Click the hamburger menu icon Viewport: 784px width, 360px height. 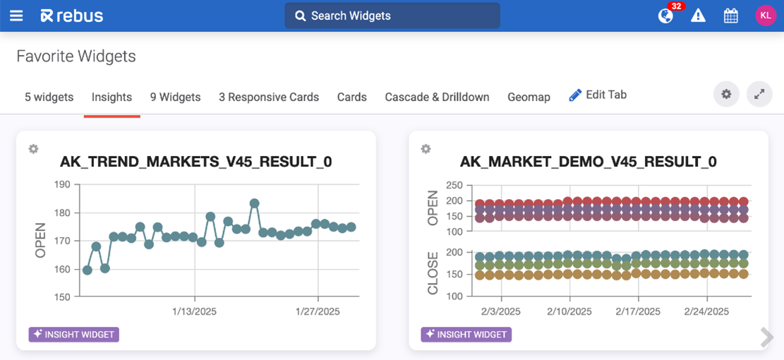pyautogui.click(x=16, y=16)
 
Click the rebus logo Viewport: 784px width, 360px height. pyautogui.click(x=72, y=16)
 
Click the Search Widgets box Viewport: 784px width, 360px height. pyautogui.click(x=392, y=16)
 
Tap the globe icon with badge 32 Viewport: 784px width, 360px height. pyautogui.click(x=665, y=16)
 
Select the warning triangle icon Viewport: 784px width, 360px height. pyautogui.click(x=698, y=16)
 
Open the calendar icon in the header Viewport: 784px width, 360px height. pyautogui.click(x=731, y=16)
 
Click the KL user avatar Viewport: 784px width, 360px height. pyautogui.click(x=766, y=16)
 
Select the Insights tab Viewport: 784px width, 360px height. pyautogui.click(x=111, y=97)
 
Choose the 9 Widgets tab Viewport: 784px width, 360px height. pyautogui.click(x=175, y=97)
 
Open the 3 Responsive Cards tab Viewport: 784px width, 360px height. pyautogui.click(x=269, y=97)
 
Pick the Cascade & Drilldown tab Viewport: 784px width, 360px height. pyautogui.click(x=437, y=97)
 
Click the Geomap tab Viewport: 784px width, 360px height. pyautogui.click(x=529, y=97)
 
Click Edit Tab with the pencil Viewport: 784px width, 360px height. pyautogui.click(x=598, y=95)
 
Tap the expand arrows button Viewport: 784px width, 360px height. pyautogui.click(x=759, y=94)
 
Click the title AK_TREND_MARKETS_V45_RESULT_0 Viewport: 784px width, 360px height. pyautogui.click(x=196, y=162)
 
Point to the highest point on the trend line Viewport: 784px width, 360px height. pyautogui.click(x=255, y=203)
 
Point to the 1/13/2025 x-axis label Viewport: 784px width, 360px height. pyautogui.click(x=195, y=311)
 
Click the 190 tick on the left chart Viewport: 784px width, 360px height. pyautogui.click(x=62, y=185)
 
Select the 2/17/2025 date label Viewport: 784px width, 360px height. pyautogui.click(x=638, y=311)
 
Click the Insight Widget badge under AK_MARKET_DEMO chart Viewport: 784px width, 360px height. pyautogui.click(x=466, y=335)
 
